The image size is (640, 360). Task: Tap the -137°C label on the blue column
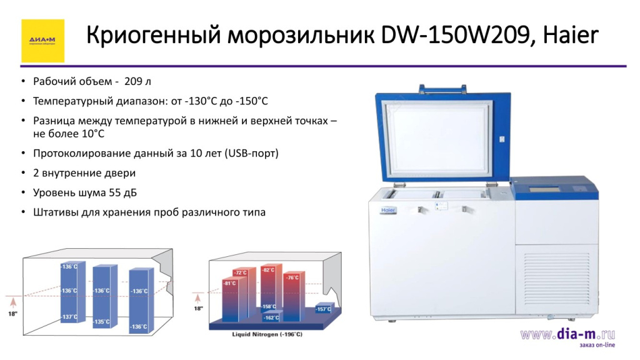pos(69,317)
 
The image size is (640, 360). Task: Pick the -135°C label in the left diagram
pos(102,322)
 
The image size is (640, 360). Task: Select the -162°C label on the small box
pos(271,317)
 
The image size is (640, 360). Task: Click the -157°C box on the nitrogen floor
pos(324,309)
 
